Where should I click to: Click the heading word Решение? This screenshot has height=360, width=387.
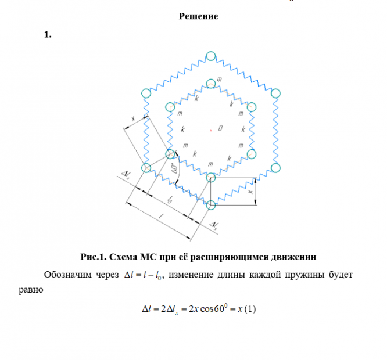click(x=198, y=16)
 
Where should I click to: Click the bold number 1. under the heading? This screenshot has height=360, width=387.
click(x=48, y=35)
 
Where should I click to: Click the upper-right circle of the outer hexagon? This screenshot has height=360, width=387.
click(x=275, y=93)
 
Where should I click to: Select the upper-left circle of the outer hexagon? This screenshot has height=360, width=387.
click(x=146, y=93)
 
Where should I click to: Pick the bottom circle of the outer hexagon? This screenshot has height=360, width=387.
click(x=211, y=204)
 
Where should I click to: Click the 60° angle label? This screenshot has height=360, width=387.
click(x=174, y=170)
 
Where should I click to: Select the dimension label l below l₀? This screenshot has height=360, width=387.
click(x=161, y=217)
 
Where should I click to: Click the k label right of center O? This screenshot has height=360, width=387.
click(x=243, y=128)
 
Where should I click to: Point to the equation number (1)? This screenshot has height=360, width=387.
click(x=250, y=308)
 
